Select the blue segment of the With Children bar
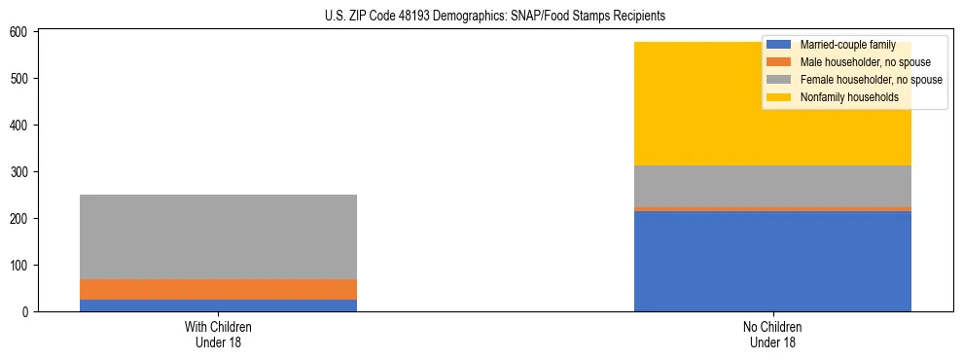point(218,306)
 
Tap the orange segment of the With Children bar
point(218,289)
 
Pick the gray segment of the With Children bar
point(218,236)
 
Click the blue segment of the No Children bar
point(772,261)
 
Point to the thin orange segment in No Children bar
point(772,208)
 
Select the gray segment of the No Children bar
point(772,186)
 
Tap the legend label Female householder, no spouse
point(871,80)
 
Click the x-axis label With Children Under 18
point(218,334)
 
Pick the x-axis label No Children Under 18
point(772,334)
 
